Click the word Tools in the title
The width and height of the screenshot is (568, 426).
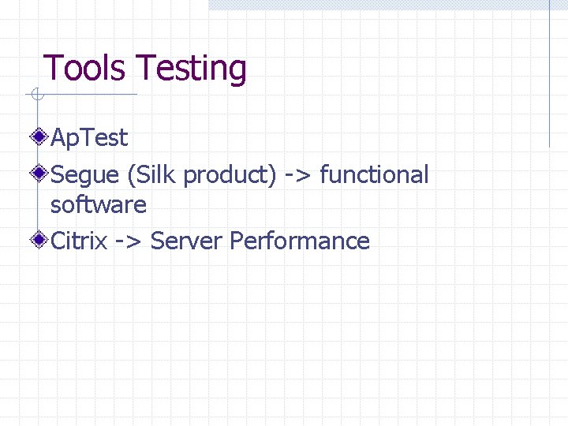tap(84, 69)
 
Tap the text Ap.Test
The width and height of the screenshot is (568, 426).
tap(88, 138)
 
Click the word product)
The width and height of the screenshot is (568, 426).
tap(230, 175)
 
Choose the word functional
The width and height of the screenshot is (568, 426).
tap(374, 174)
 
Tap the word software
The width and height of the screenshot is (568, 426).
tap(99, 205)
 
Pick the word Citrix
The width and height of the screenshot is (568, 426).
tap(78, 241)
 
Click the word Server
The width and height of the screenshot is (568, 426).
tap(186, 241)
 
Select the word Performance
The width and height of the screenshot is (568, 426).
tap(300, 241)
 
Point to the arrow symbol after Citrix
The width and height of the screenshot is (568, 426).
tap(129, 241)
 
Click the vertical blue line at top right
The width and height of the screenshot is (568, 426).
tap(549, 75)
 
